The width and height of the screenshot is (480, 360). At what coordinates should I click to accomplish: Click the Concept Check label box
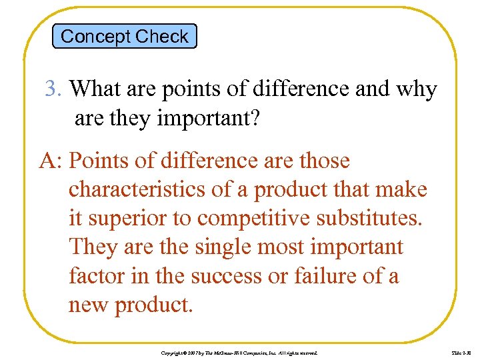124,36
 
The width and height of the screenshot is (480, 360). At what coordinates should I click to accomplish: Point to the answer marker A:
51,161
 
